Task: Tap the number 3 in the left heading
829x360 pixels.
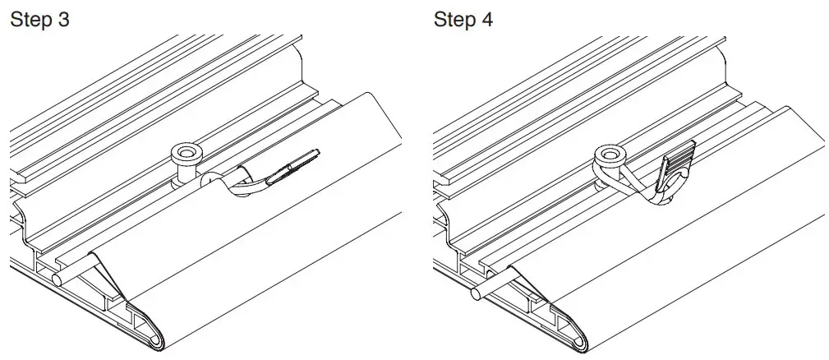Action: tap(62, 20)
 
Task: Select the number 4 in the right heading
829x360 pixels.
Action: tap(487, 20)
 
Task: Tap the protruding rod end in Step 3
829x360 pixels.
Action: tap(57, 278)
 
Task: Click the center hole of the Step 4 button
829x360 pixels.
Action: tap(609, 153)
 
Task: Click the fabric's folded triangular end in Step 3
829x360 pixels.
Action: tap(103, 271)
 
